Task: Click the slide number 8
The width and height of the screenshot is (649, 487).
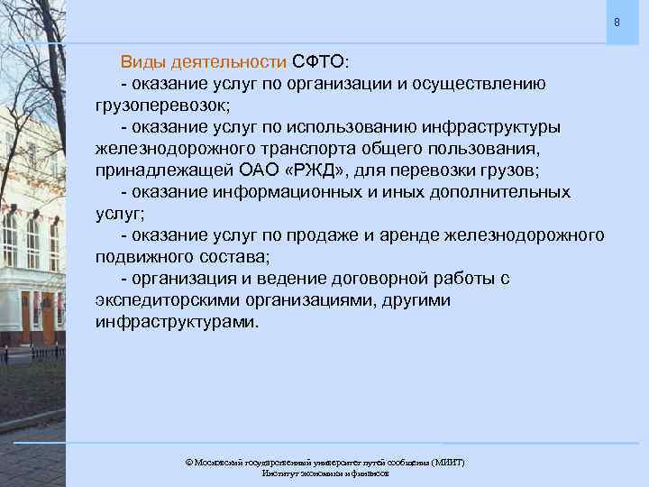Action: coord(617,22)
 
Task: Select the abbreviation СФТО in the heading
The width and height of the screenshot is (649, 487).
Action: coord(317,62)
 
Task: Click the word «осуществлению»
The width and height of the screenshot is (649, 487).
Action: coord(479,84)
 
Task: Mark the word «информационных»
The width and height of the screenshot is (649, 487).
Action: coord(279,192)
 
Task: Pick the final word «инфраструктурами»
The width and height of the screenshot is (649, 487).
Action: coord(174,322)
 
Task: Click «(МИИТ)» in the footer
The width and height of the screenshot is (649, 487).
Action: coord(447,462)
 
